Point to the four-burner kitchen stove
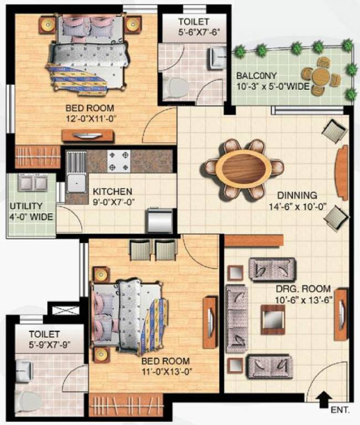pyautogui.click(x=119, y=160)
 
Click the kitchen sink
pyautogui.click(x=75, y=178)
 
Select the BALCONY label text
pyautogui.click(x=257, y=76)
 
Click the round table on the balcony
pyautogui.click(x=320, y=77)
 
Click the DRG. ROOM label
pyautogui.click(x=304, y=289)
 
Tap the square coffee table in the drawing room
pyautogui.click(x=271, y=319)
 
